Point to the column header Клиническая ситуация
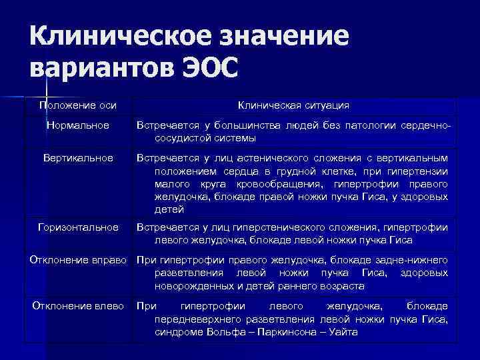293,105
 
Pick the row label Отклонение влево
78,306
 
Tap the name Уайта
343,332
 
